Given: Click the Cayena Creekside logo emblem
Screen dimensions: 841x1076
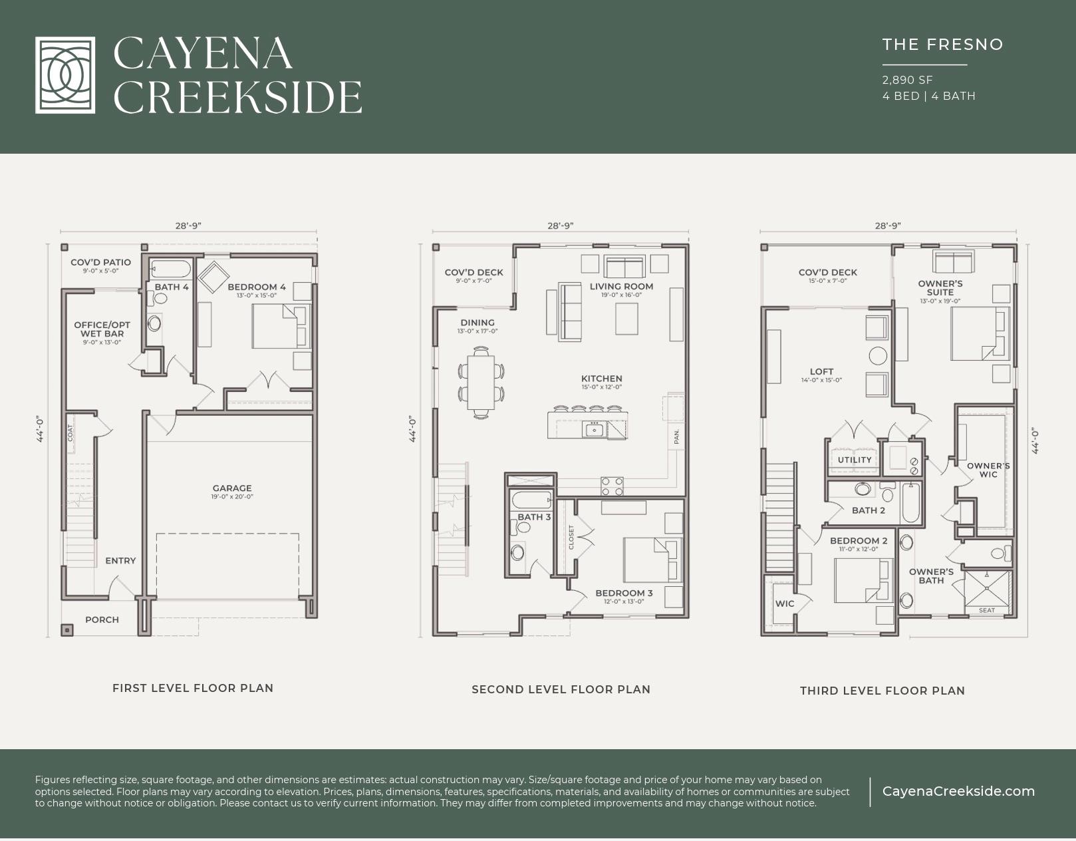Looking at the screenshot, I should point(65,75).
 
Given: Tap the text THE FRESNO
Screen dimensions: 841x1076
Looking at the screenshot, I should point(942,45).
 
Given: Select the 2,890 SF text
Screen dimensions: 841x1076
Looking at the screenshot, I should point(907,80).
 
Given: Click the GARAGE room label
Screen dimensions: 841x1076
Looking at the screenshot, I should point(232,488).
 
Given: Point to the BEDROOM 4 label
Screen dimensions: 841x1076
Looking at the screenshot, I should point(256,287).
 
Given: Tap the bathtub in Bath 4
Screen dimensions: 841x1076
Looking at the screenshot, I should point(170,269).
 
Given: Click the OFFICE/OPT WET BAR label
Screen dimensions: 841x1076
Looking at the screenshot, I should point(102,329).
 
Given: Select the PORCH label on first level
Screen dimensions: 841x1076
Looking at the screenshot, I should point(102,619).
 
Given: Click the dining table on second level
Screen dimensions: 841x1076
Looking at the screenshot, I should point(481,383).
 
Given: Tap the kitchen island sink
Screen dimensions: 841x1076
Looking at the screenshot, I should point(593,430).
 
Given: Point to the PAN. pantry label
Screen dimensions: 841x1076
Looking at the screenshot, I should point(676,436).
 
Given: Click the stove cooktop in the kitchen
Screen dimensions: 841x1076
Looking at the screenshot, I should point(612,486).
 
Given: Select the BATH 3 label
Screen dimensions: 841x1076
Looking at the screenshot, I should point(534,517).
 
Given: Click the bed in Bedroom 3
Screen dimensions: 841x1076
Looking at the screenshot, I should point(652,560).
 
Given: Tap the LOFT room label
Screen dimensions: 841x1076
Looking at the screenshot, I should point(821,372).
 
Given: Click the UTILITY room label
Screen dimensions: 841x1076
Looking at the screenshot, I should point(855,460).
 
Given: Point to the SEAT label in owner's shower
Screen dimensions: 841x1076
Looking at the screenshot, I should point(987,610).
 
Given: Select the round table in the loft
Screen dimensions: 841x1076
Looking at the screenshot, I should point(878,355).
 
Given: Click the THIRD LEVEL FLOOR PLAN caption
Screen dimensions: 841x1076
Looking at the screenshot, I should point(882,691).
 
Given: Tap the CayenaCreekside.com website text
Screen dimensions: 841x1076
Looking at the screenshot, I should point(958,791).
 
